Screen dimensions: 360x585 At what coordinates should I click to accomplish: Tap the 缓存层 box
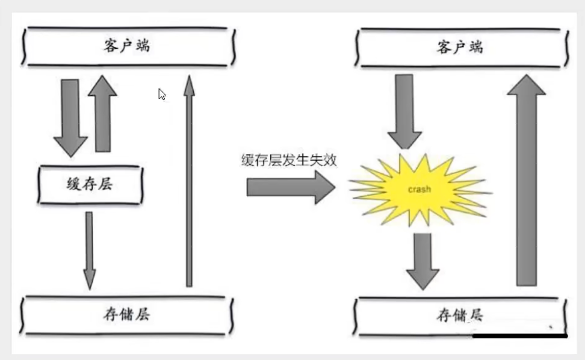[91, 184]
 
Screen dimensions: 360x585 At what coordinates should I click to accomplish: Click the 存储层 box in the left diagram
[126, 313]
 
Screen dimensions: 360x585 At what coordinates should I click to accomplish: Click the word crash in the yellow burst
[419, 189]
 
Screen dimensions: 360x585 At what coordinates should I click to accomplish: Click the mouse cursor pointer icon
[162, 94]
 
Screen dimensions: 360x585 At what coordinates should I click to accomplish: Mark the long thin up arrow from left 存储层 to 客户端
[189, 181]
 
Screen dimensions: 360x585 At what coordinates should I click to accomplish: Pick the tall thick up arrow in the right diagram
[526, 181]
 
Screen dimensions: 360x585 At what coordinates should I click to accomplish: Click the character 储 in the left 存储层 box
[126, 313]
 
